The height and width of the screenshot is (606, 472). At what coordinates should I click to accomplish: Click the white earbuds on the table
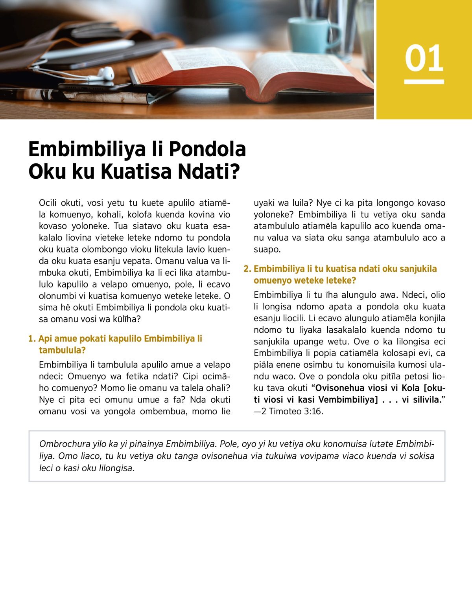(104, 73)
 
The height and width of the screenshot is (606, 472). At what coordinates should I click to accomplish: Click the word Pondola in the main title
(207, 149)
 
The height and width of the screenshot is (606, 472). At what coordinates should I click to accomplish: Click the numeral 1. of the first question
(32, 339)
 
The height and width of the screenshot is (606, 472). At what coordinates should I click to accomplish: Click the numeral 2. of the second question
(247, 269)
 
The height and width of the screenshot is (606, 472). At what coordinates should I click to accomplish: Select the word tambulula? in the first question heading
(62, 350)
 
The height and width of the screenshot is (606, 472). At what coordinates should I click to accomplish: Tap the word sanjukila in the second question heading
(418, 269)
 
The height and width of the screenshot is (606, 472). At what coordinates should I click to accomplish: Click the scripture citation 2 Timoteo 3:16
(292, 411)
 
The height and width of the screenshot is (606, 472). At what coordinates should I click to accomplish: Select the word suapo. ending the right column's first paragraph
(267, 249)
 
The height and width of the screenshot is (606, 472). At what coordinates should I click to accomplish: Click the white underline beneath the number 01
(424, 82)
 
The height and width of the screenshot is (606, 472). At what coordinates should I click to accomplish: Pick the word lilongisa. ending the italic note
(117, 468)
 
